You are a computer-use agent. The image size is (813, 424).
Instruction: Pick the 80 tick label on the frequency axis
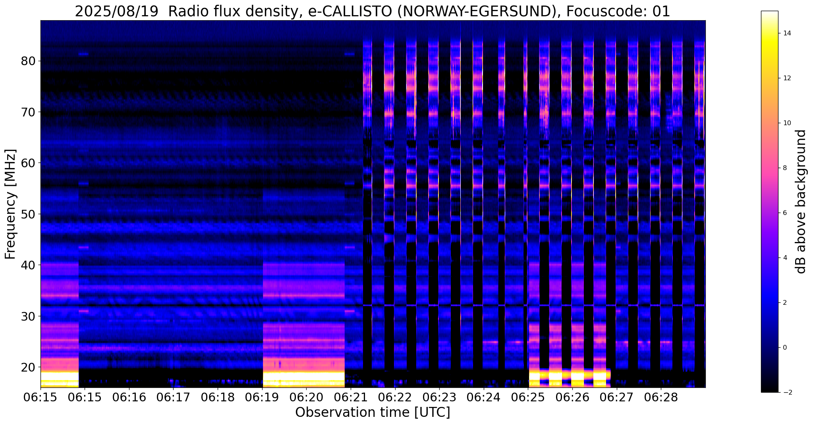(x=28, y=61)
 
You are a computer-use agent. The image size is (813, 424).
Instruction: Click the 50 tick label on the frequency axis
(x=28, y=214)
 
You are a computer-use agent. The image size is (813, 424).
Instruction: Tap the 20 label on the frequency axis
(x=28, y=367)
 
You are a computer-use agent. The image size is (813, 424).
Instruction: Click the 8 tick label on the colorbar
(x=784, y=168)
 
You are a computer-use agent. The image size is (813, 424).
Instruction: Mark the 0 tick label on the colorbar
(x=784, y=348)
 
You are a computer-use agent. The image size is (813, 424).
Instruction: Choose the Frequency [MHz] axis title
(x=11, y=204)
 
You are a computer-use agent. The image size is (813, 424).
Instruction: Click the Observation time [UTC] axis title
(x=373, y=412)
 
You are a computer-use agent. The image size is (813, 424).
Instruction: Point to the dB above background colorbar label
(x=801, y=201)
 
